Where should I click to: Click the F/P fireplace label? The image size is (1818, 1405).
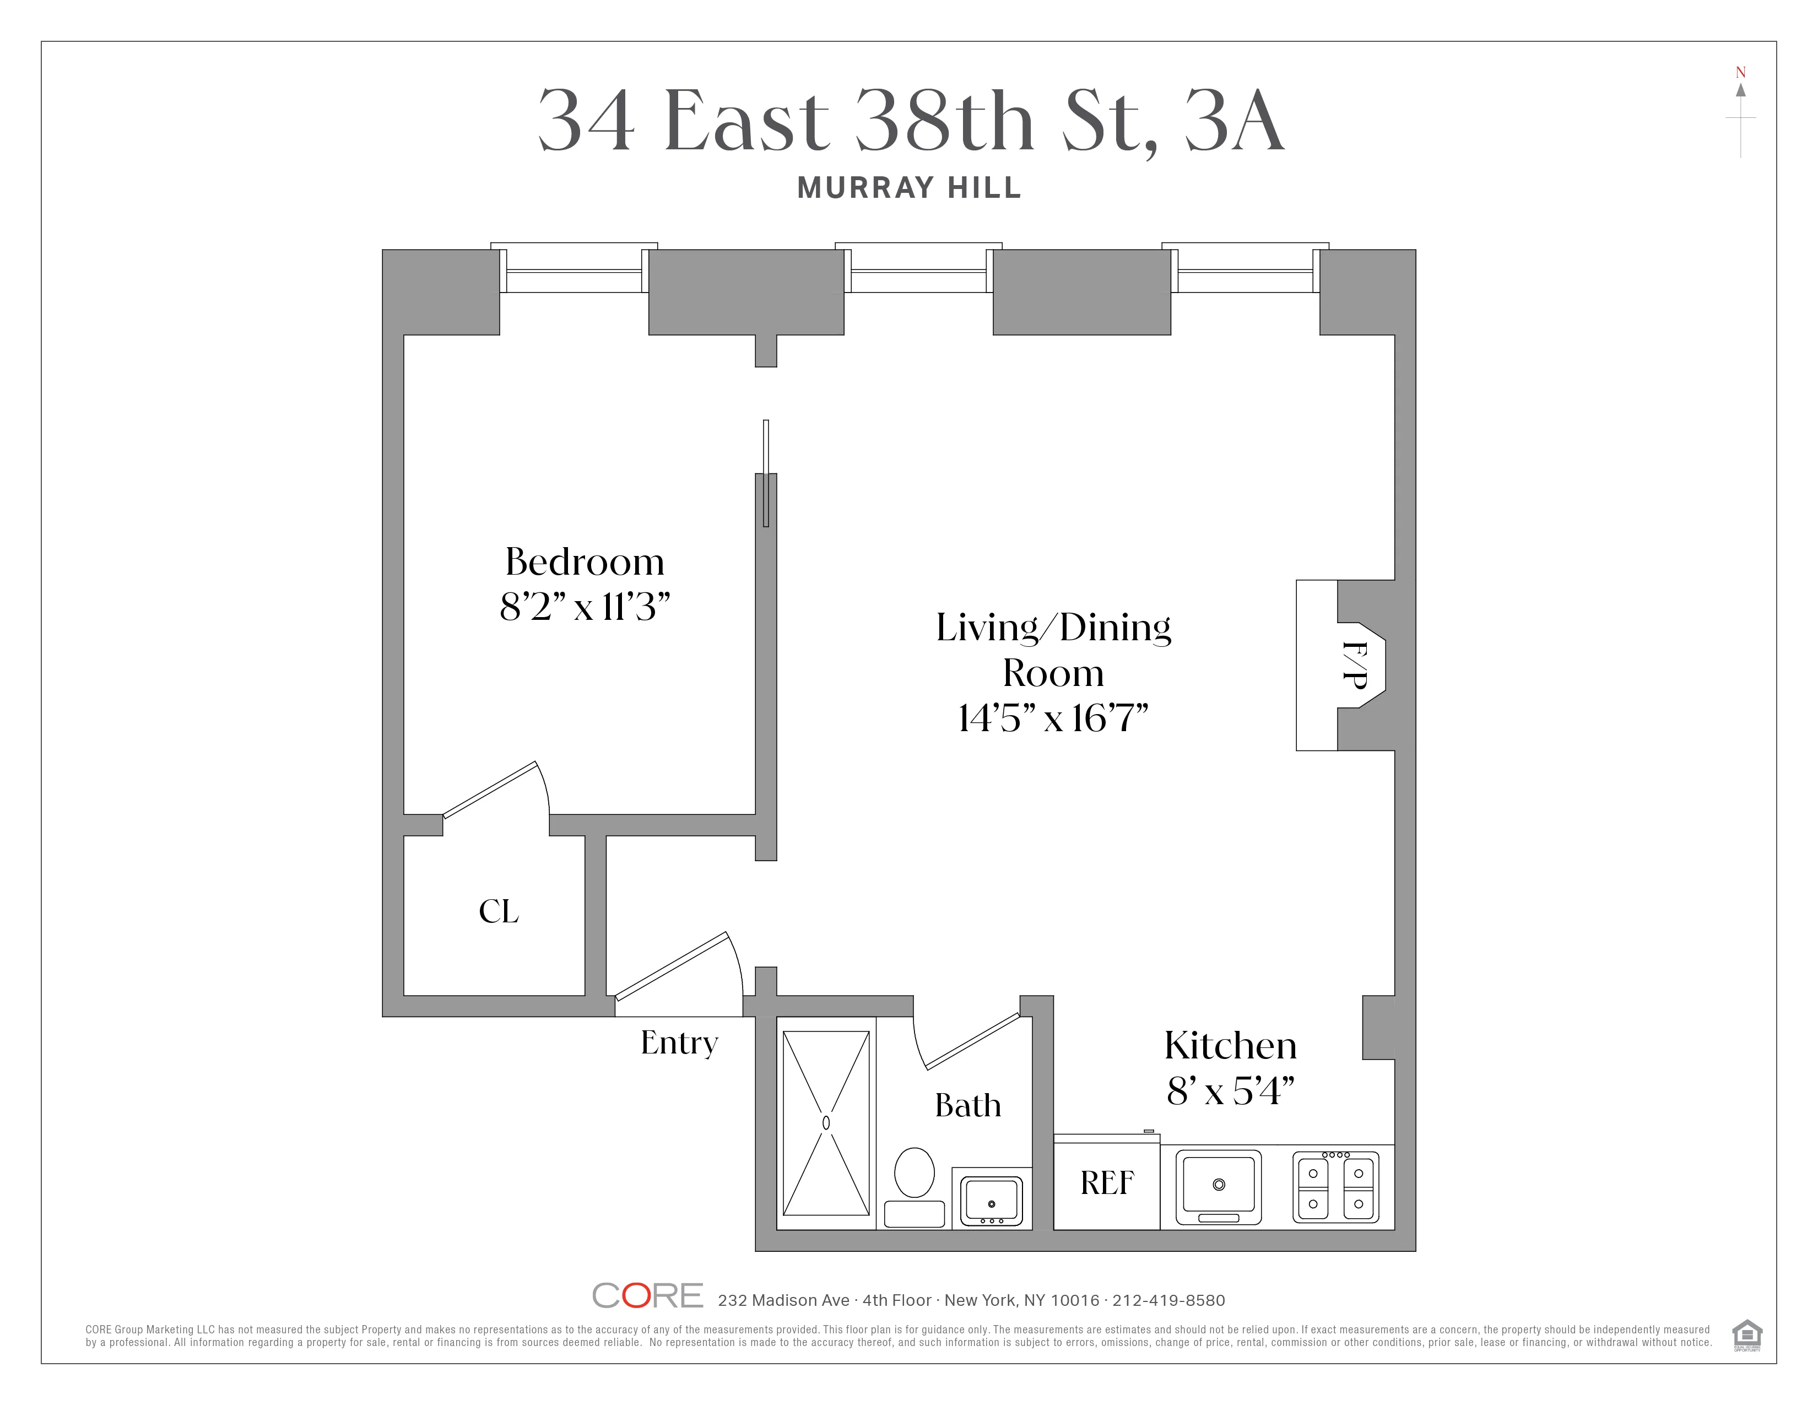click(1354, 664)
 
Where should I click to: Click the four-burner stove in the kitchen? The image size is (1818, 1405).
click(1335, 1186)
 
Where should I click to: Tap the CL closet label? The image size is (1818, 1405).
click(499, 911)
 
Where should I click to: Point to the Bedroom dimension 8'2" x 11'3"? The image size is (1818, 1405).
click(585, 607)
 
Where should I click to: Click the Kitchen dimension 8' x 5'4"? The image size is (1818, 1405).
click(1230, 1090)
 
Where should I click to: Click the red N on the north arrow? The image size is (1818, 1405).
click(1740, 72)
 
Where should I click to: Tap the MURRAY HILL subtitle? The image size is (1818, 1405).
click(909, 188)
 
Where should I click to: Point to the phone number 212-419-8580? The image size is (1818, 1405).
click(1168, 1300)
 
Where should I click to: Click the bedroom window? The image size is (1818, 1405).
click(575, 271)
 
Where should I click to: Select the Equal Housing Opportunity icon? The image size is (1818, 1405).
click(1746, 1334)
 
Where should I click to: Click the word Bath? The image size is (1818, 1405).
click(967, 1105)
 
